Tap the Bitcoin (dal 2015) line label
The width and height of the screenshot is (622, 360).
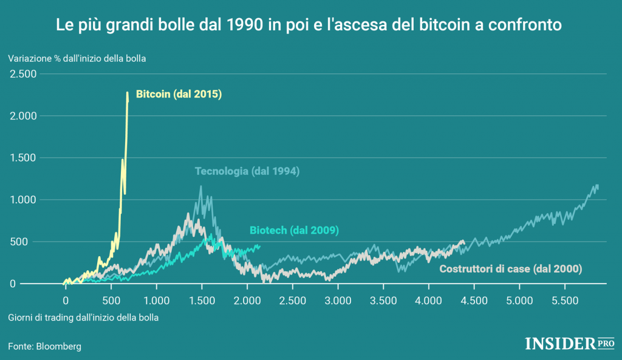(x=179, y=95)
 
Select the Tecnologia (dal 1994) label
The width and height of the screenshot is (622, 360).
(x=247, y=171)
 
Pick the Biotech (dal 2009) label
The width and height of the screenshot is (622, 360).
(x=294, y=230)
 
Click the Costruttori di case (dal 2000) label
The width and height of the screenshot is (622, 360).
(x=511, y=269)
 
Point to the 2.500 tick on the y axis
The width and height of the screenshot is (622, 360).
(x=22, y=74)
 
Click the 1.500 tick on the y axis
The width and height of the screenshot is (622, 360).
(x=22, y=158)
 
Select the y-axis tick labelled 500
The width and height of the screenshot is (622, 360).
(x=29, y=242)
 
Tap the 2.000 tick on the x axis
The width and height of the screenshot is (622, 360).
(x=247, y=300)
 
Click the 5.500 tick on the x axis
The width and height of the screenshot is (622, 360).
(x=565, y=300)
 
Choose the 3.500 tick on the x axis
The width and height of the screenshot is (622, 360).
(x=383, y=300)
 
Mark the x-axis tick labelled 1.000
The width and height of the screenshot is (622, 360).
(x=156, y=300)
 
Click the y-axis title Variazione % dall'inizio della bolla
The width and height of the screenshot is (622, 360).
(x=78, y=59)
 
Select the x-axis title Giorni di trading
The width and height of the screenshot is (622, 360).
(x=84, y=318)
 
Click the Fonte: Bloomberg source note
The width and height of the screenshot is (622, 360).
(x=44, y=346)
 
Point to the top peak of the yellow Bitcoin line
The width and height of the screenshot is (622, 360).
(x=127, y=93)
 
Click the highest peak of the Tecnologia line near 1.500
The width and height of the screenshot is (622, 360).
(x=200, y=187)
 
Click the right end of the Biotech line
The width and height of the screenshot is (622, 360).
(x=259, y=245)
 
